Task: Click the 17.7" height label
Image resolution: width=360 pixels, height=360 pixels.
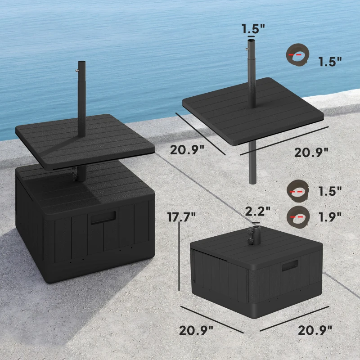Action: tap(182, 216)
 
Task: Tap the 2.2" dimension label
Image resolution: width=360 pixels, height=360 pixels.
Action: tap(257, 210)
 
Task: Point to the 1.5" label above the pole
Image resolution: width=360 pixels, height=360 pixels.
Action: tap(253, 30)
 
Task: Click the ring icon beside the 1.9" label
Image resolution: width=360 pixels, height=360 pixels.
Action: tap(297, 216)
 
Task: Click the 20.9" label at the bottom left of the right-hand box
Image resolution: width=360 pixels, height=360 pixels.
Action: tap(196, 331)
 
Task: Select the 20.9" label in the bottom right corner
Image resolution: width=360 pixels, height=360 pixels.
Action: tap(315, 330)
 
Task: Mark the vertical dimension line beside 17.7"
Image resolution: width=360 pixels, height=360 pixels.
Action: tap(179, 256)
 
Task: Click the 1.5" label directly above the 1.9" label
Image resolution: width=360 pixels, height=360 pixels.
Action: tap(329, 190)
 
